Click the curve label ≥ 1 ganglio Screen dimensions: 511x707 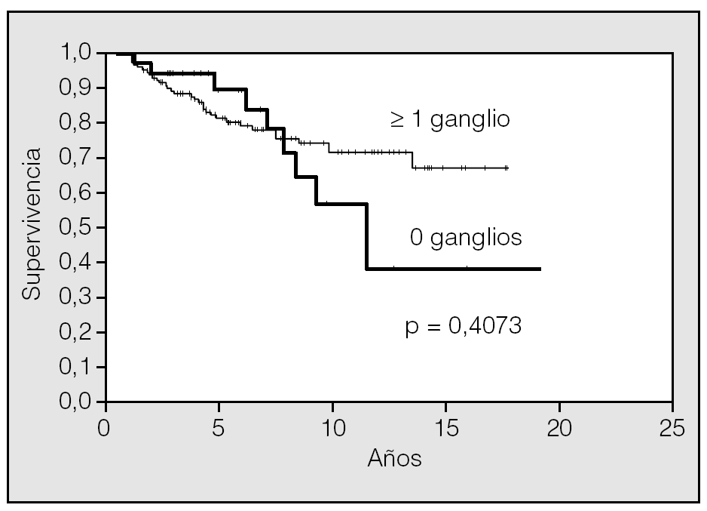pyautogui.click(x=449, y=120)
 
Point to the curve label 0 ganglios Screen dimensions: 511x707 pyautogui.click(x=465, y=238)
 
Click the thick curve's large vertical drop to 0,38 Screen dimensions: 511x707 pyautogui.click(x=367, y=236)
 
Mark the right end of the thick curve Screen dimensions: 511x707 pyautogui.click(x=540, y=269)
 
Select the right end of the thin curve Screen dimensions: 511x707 pyautogui.click(x=507, y=168)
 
